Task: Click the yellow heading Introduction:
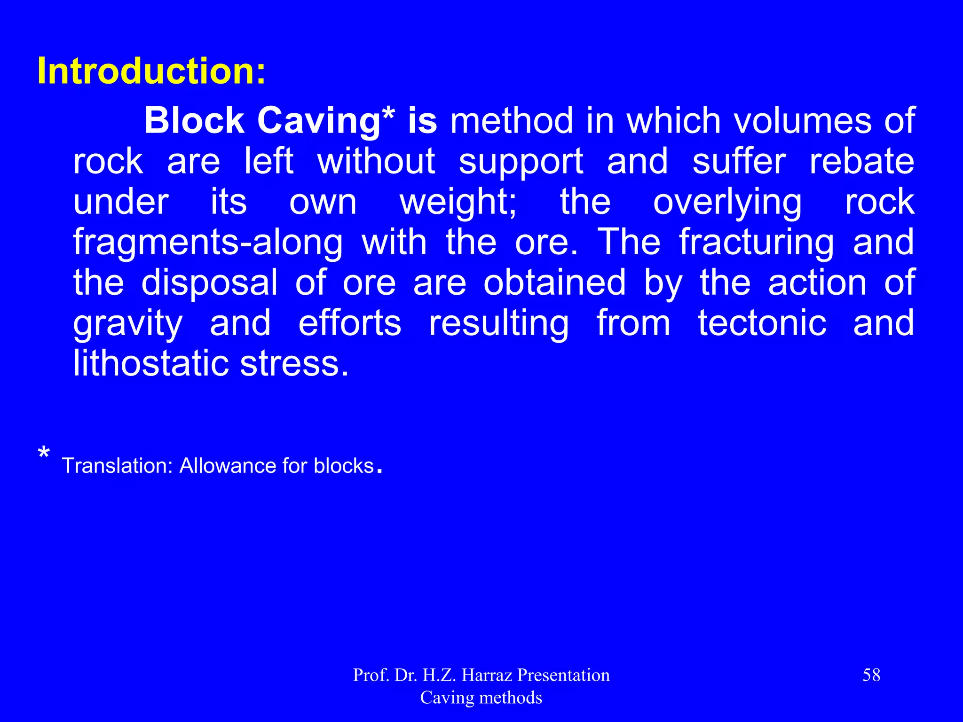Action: click(x=151, y=71)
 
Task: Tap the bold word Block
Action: click(x=194, y=120)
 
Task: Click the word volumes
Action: click(x=802, y=120)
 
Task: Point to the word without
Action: click(x=376, y=161)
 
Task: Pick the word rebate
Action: click(x=861, y=161)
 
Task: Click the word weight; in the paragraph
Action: click(x=458, y=203)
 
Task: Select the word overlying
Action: click(x=727, y=203)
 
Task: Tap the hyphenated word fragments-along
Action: click(x=208, y=243)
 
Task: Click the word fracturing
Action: click(x=756, y=243)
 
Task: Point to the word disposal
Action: click(x=209, y=283)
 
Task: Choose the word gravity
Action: click(x=127, y=324)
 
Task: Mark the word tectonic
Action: click(x=762, y=323)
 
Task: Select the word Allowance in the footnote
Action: click(x=228, y=466)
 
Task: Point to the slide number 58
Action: click(x=871, y=675)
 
